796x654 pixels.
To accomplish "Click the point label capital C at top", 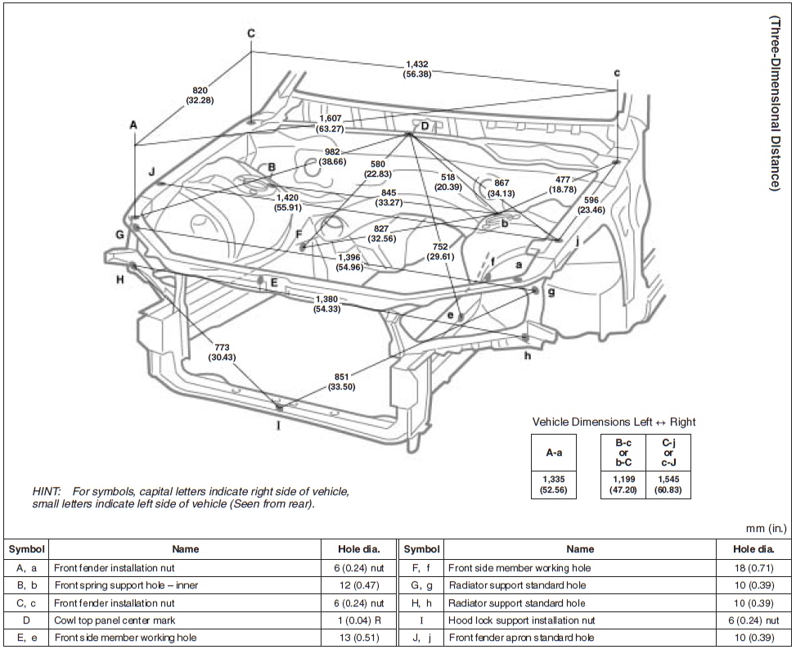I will pyautogui.click(x=251, y=34).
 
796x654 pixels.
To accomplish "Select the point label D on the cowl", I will pyautogui.click(x=425, y=126).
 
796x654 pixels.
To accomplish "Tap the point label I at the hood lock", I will pyautogui.click(x=278, y=425).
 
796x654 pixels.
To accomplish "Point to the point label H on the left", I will pyautogui.click(x=119, y=279).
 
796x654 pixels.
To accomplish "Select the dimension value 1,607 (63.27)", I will pyautogui.click(x=332, y=124).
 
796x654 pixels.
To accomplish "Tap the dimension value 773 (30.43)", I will pyautogui.click(x=221, y=350).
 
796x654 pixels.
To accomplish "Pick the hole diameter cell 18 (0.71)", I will pyautogui.click(x=752, y=566).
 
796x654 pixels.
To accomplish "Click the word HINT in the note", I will pyautogui.click(x=47, y=491).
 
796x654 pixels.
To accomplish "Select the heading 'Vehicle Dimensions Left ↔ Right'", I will pyautogui.click(x=614, y=422).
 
